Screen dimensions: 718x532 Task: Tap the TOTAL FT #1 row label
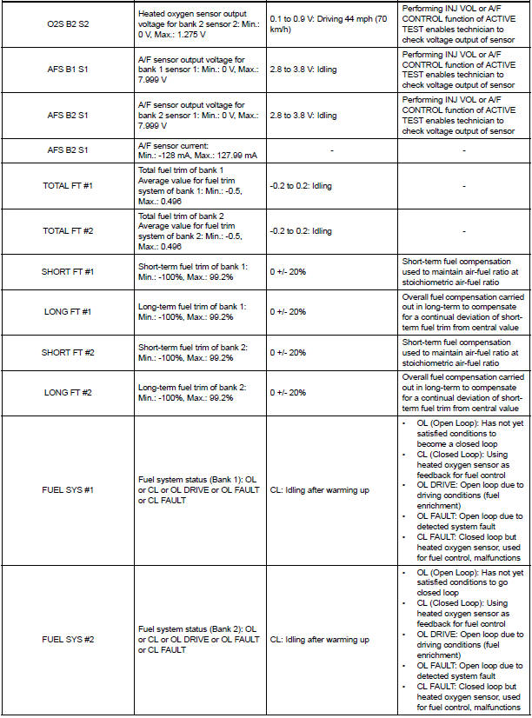(x=69, y=186)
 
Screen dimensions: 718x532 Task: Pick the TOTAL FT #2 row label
(x=69, y=231)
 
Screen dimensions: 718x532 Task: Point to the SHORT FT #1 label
(x=69, y=271)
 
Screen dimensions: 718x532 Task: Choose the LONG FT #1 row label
(x=69, y=311)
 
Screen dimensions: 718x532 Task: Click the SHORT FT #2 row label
(x=69, y=352)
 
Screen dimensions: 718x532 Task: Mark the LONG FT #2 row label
(x=69, y=392)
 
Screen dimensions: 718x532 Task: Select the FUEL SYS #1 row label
(x=69, y=490)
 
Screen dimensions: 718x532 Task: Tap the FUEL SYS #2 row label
(x=69, y=640)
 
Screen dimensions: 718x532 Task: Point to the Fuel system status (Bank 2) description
(x=199, y=640)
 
